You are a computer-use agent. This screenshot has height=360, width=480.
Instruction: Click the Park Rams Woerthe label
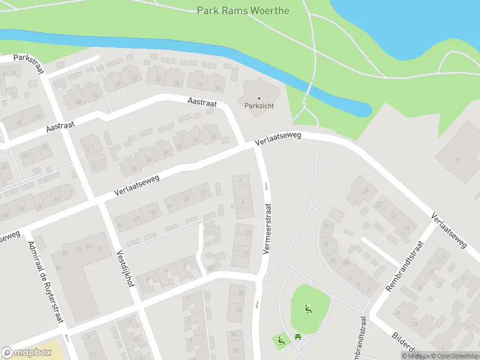point(243,11)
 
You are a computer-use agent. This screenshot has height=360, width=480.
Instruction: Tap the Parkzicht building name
point(259,106)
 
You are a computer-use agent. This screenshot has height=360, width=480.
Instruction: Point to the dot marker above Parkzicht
point(259,98)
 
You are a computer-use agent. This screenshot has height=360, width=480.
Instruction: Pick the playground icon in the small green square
point(280,341)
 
